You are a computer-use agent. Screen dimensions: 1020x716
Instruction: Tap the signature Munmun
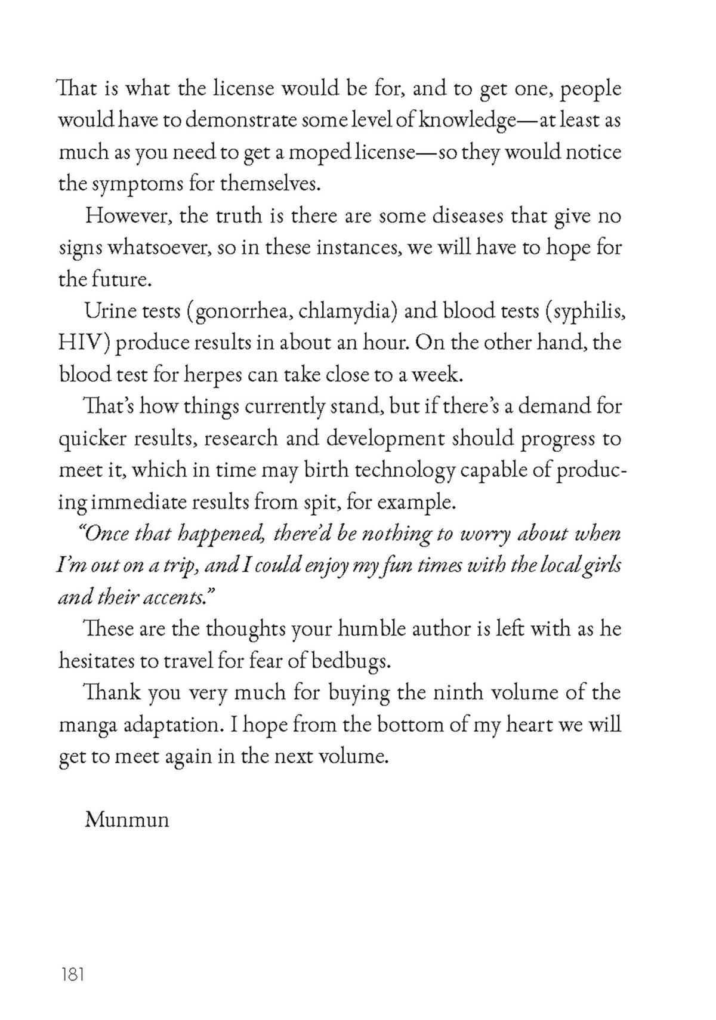[x=126, y=819]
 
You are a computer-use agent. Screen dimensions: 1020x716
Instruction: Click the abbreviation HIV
[x=82, y=343]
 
